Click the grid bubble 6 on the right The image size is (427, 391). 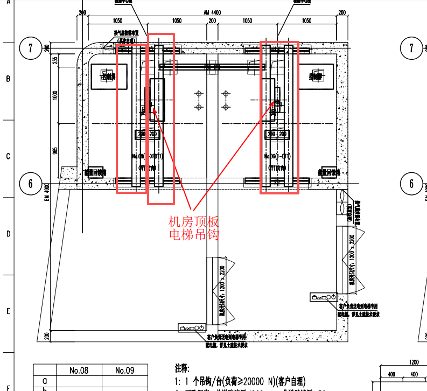[411, 184]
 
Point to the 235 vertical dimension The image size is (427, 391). [55, 61]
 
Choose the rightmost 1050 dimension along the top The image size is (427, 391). [306, 20]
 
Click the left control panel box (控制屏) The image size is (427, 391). [109, 76]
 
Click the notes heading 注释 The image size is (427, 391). [183, 369]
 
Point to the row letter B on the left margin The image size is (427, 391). [8, 79]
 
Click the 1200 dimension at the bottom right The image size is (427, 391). [414, 362]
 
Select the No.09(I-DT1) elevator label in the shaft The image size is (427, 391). [278, 156]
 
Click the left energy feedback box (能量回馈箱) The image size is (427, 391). [95, 172]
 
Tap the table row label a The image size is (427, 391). [44, 381]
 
